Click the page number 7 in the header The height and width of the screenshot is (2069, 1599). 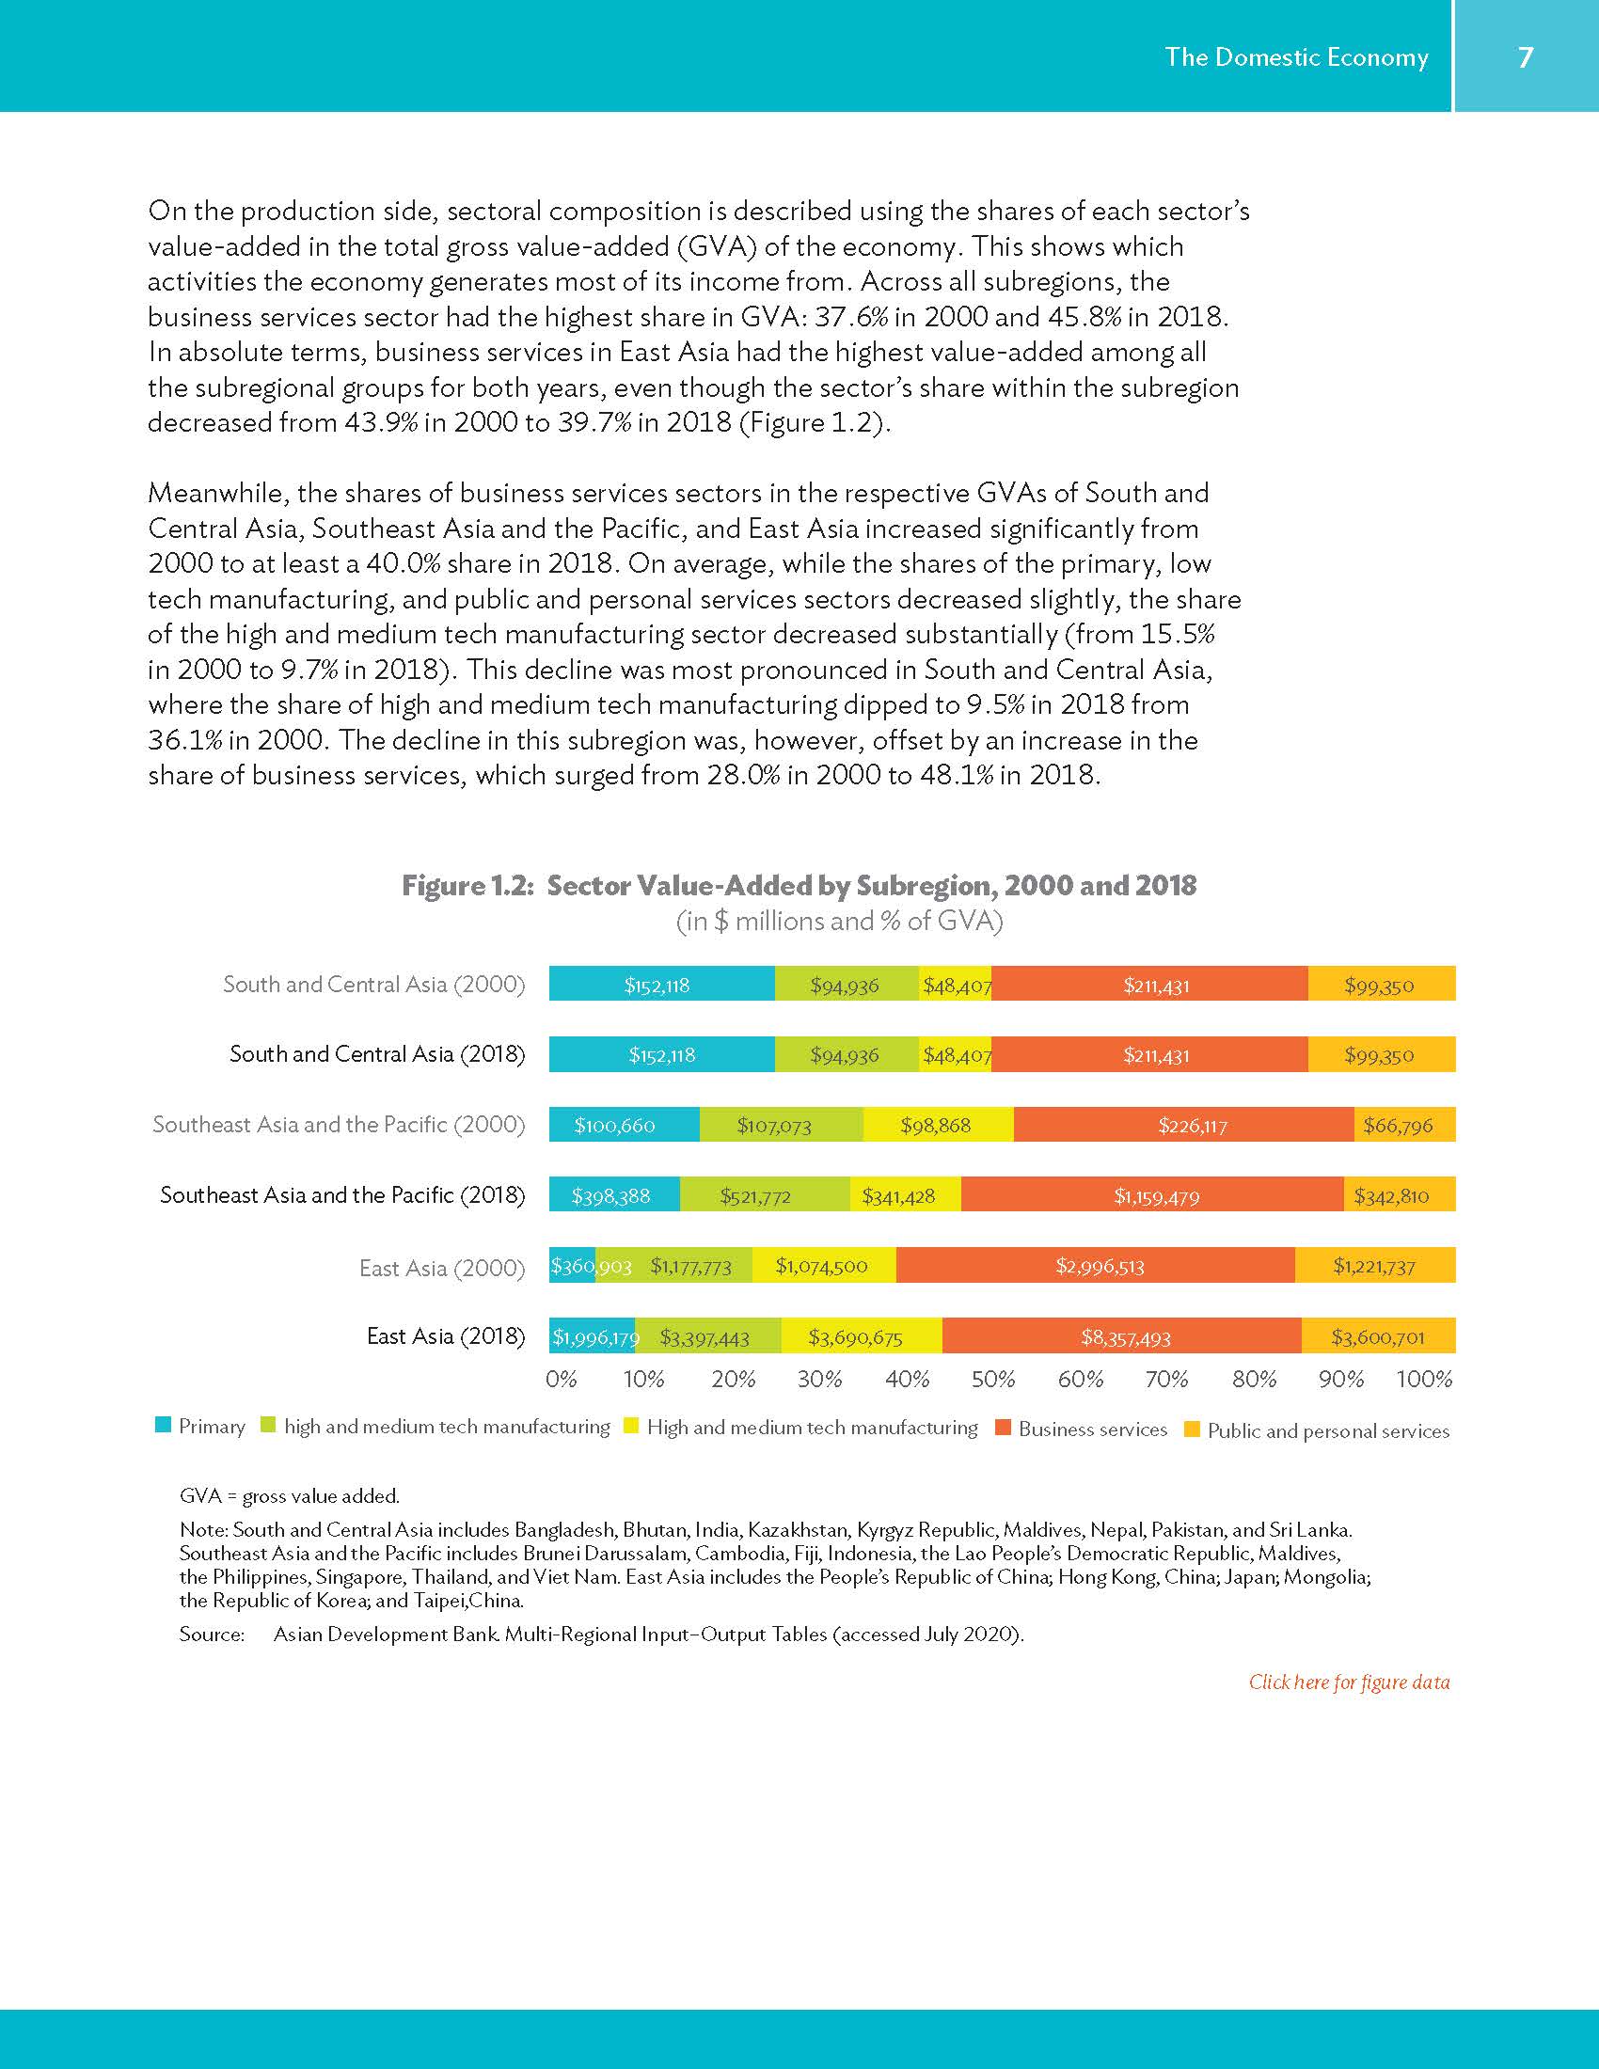[x=1525, y=57]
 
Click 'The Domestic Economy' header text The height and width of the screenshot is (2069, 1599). [x=1296, y=57]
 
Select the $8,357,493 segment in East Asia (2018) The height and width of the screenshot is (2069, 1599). [x=1125, y=1337]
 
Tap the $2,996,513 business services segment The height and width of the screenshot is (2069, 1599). [x=1099, y=1267]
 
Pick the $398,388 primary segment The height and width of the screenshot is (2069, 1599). [x=611, y=1196]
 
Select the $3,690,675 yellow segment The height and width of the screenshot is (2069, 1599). [x=854, y=1337]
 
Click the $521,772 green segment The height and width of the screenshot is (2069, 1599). [x=755, y=1196]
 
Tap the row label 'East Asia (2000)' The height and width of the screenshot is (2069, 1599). [x=441, y=1268]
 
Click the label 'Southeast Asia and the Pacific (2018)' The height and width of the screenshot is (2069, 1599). [x=342, y=1195]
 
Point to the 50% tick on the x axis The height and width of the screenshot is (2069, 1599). [x=992, y=1380]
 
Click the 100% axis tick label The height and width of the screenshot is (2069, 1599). [x=1424, y=1380]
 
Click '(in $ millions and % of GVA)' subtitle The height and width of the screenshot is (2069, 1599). [x=838, y=922]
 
